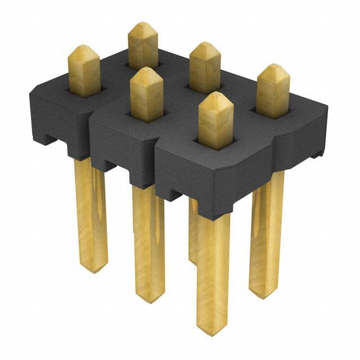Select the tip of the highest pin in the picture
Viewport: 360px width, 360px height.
[x=143, y=25]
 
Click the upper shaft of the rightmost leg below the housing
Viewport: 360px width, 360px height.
[x=269, y=202]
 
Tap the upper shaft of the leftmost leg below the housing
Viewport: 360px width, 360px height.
[x=90, y=186]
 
